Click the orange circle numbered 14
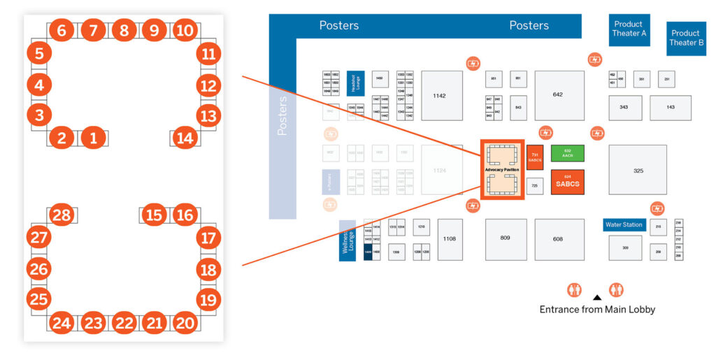185,138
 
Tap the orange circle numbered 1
93,138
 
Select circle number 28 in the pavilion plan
62,215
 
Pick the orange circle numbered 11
208,54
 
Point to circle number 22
124,322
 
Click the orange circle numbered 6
62,31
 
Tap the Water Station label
624,225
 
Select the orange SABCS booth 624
567,183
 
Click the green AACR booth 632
567,153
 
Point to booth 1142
439,95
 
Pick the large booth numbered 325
637,170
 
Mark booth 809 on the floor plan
505,239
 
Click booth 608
557,239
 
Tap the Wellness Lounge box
348,240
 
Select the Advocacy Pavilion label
501,170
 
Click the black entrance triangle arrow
596,297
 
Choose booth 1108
449,239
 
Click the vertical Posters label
282,115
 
